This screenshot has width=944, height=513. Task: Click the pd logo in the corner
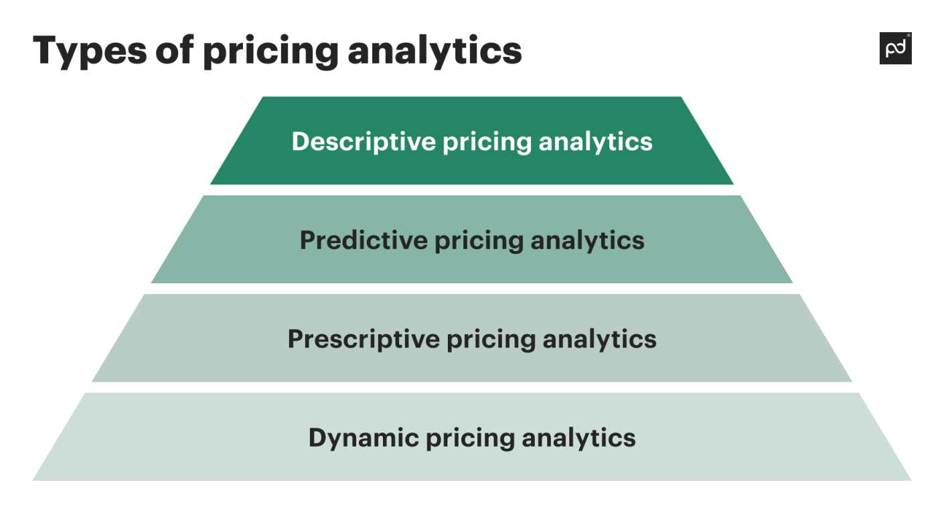[x=895, y=48]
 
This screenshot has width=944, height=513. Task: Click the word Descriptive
[x=364, y=141]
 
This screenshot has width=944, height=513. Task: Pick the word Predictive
[x=362, y=240]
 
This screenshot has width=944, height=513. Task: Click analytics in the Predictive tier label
[x=587, y=240]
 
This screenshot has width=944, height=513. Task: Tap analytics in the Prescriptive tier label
[x=599, y=339]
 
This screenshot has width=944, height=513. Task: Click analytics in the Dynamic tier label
[x=578, y=438]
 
